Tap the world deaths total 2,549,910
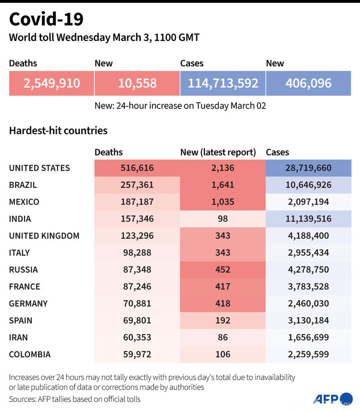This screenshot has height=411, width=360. click(x=52, y=83)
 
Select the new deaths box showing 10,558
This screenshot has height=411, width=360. click(x=137, y=83)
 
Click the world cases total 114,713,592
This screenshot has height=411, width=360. click(x=223, y=83)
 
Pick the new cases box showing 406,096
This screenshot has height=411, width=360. click(x=308, y=83)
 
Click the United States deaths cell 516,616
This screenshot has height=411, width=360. click(x=137, y=168)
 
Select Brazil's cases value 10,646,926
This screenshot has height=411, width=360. click(x=308, y=185)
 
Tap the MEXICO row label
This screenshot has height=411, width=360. click(x=24, y=202)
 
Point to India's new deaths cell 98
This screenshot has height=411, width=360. click(x=222, y=219)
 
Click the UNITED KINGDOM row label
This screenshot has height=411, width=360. click(x=44, y=236)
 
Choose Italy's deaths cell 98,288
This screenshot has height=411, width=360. click(x=137, y=253)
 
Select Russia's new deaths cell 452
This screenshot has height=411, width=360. click(x=222, y=270)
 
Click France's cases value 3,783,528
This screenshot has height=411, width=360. click(x=308, y=286)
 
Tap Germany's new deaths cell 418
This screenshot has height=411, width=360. click(x=222, y=303)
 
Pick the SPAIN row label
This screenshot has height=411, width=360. click(x=20, y=320)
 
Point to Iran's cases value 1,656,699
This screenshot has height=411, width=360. click(x=308, y=337)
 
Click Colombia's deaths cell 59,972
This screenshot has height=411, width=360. click(x=137, y=355)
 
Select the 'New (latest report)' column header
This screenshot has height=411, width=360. click(x=218, y=152)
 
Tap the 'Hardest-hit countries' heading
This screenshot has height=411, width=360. click(x=58, y=131)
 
